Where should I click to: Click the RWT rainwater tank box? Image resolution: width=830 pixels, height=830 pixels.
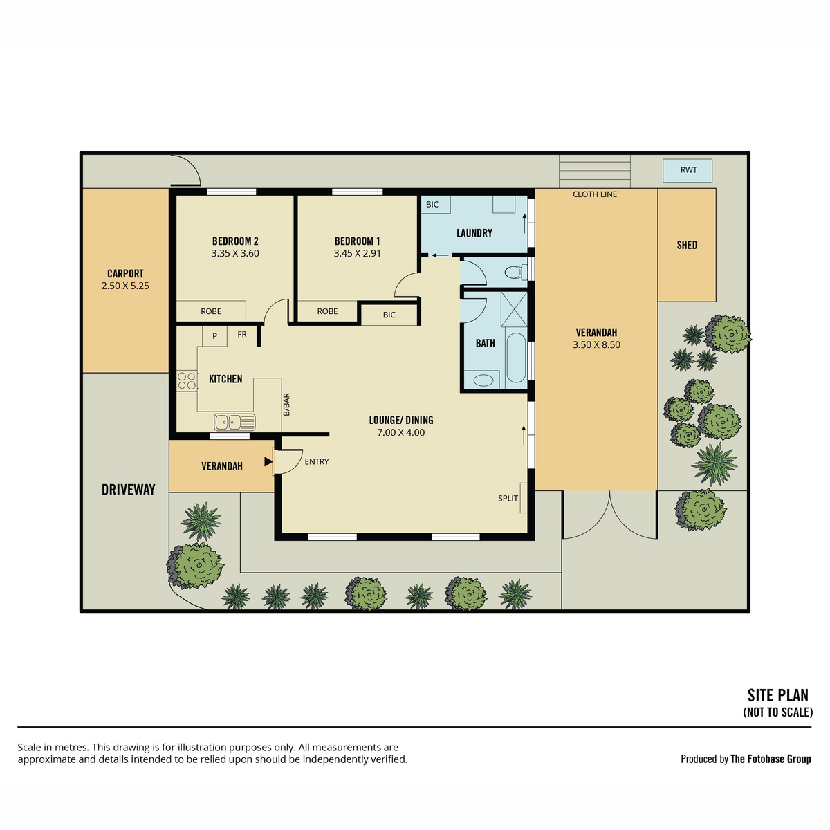(x=687, y=171)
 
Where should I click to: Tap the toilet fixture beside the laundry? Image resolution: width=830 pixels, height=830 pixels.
(x=515, y=273)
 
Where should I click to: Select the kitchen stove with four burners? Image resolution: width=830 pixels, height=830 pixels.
(x=187, y=380)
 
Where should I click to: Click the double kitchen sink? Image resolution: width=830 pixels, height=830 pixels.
(x=234, y=422)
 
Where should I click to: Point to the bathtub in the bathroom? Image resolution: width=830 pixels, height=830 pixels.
(x=516, y=358)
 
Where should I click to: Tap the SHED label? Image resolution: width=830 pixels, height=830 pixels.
(x=687, y=245)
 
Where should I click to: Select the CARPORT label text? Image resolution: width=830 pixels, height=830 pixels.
(x=125, y=273)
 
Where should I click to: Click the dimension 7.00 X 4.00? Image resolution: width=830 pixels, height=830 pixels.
(x=401, y=432)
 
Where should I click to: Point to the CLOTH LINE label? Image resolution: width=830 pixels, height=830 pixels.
(x=594, y=194)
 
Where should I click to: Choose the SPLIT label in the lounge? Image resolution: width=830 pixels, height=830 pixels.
(x=508, y=498)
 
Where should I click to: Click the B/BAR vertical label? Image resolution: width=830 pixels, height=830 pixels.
(x=286, y=405)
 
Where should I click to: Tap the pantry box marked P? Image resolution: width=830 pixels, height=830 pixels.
(x=214, y=336)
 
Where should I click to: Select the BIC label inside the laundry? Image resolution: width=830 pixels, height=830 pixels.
(x=432, y=205)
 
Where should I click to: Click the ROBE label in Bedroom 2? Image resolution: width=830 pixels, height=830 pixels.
(x=211, y=311)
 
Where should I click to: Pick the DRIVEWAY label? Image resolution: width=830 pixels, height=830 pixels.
(x=129, y=490)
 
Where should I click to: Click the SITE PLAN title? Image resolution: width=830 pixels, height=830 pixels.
(x=778, y=695)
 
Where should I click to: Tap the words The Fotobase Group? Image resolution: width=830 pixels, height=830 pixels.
(x=771, y=759)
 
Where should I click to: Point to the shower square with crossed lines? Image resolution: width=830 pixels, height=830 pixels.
(x=515, y=308)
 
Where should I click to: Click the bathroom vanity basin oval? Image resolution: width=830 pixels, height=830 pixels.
(x=483, y=380)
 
